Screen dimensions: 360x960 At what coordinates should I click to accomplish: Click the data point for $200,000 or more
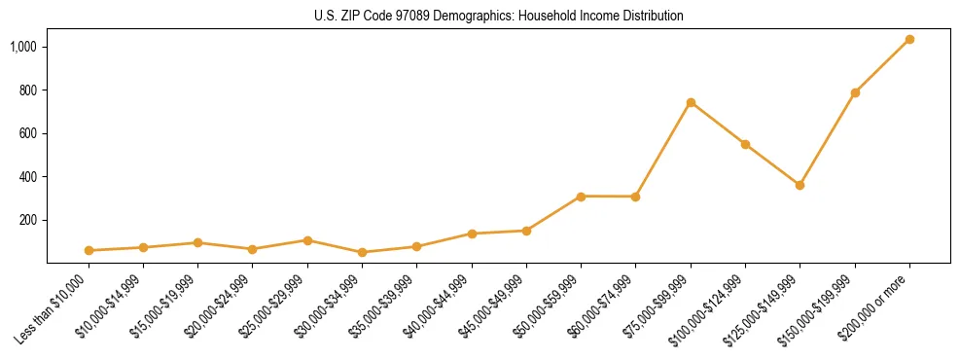909,40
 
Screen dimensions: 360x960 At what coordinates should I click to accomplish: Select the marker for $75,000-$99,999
691,102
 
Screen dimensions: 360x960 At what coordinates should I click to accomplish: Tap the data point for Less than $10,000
89,250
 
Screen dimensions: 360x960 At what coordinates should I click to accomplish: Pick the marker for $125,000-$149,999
800,185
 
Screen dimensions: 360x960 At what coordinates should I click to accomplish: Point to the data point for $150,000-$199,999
855,92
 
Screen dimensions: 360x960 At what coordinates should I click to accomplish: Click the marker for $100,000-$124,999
745,144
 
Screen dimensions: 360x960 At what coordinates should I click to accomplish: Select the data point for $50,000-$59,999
581,197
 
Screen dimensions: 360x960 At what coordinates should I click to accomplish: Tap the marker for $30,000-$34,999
362,252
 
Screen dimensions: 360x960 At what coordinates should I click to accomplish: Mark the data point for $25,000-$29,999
307,240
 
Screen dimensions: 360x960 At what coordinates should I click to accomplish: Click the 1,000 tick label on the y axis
23,47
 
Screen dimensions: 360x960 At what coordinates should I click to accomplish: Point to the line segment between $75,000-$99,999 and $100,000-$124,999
718,123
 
